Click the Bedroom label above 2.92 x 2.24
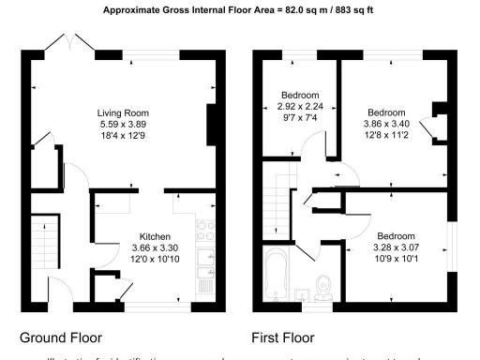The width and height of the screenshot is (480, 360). pyautogui.click(x=300, y=96)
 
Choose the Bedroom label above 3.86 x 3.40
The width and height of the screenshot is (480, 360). pyautogui.click(x=385, y=111)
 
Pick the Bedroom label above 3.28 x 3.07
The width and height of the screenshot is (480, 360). pyautogui.click(x=397, y=236)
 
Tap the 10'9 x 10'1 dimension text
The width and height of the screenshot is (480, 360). pyautogui.click(x=397, y=260)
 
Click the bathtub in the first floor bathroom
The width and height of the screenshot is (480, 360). pyautogui.click(x=277, y=277)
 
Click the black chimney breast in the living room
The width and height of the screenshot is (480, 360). pyautogui.click(x=212, y=122)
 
